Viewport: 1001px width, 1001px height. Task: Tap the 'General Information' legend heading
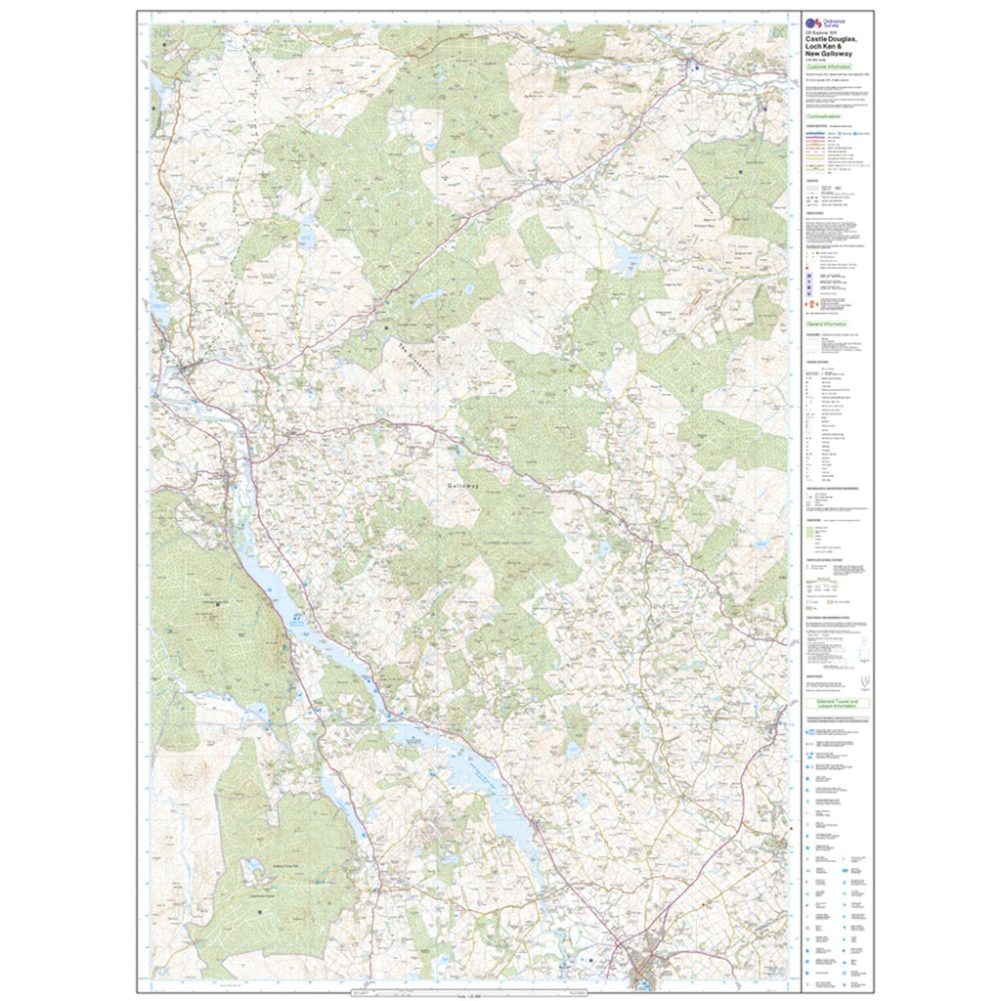[827, 323]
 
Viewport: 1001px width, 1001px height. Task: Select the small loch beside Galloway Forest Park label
[250, 866]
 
